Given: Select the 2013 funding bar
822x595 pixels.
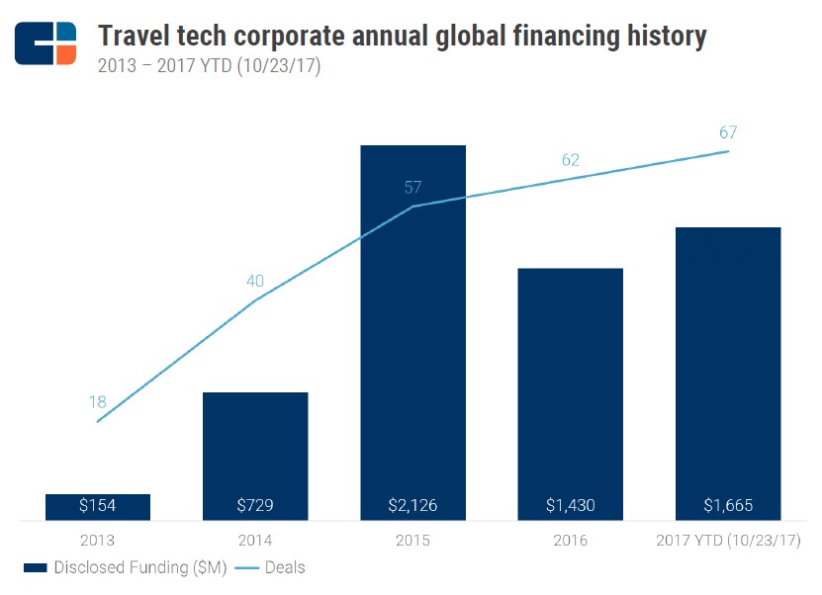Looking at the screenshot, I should pyautogui.click(x=98, y=506).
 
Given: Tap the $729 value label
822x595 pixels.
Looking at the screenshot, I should pyautogui.click(x=255, y=505).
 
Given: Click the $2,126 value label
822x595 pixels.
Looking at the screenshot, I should pyautogui.click(x=412, y=505).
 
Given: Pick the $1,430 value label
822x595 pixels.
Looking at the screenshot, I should pyautogui.click(x=570, y=505).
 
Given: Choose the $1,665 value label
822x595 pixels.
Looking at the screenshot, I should pyautogui.click(x=728, y=505).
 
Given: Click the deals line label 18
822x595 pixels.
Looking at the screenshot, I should pyautogui.click(x=97, y=402).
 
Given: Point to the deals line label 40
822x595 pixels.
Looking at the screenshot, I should pyautogui.click(x=255, y=281).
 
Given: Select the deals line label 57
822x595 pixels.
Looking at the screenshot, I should pyautogui.click(x=412, y=188).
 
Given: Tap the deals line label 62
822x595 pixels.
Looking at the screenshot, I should pyautogui.click(x=570, y=160).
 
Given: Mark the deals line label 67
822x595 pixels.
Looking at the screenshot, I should pyautogui.click(x=728, y=132).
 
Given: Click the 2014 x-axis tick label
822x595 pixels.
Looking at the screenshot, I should pyautogui.click(x=255, y=541).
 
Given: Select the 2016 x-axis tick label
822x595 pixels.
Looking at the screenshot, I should pyautogui.click(x=570, y=541).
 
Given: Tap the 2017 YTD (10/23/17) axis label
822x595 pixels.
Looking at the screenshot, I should pyautogui.click(x=728, y=541).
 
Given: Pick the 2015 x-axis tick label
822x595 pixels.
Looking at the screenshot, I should pyautogui.click(x=412, y=541).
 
